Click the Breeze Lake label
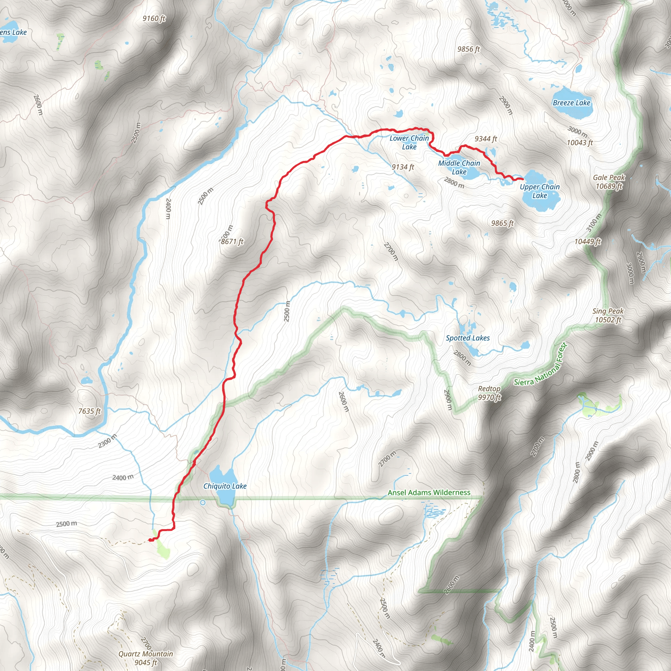(571, 103)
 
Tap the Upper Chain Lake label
(540, 191)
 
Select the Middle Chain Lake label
(459, 167)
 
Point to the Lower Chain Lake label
(409, 143)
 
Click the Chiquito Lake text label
(225, 486)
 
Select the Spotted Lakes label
(468, 338)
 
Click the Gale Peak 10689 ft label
(609, 182)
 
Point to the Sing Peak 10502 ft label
(608, 316)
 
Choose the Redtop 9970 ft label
(489, 393)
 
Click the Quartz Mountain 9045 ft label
(145, 658)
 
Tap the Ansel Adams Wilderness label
(429, 492)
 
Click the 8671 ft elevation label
(232, 241)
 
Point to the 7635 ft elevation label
(89, 411)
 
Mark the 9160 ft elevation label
(154, 18)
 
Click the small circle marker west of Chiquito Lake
(203, 503)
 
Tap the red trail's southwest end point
(150, 540)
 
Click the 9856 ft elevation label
(469, 49)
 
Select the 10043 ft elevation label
(580, 143)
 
